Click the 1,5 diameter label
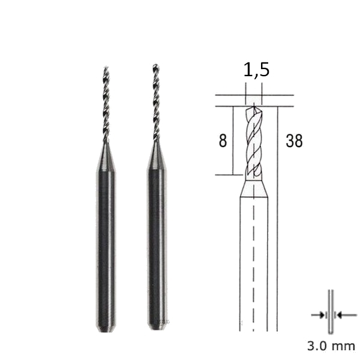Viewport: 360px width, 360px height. pos(256,70)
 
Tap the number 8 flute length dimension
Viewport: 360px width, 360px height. pos(223,142)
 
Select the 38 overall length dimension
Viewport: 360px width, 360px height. pos(294,142)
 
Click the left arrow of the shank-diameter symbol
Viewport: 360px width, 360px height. pos(317,314)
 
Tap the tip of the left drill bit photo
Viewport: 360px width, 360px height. pos(106,68)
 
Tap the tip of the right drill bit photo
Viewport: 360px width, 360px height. pos(155,65)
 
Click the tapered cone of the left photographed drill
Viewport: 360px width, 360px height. pos(106,157)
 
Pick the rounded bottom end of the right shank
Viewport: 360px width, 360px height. pos(157,328)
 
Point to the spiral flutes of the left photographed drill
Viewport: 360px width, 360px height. pos(106,105)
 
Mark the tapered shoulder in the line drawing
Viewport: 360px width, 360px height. pos(253,188)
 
